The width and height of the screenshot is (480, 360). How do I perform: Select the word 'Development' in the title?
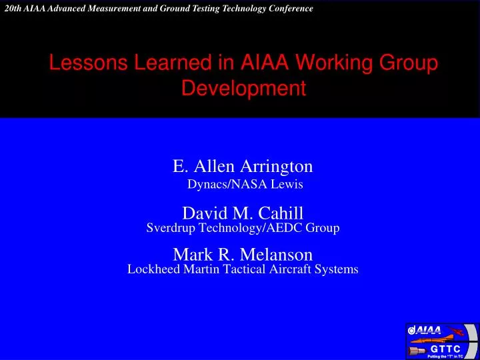(x=243, y=88)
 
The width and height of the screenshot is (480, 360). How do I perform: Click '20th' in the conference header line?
(x=13, y=9)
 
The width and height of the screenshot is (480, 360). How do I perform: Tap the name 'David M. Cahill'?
(x=243, y=213)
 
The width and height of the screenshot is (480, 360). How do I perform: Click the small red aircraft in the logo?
(x=457, y=331)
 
